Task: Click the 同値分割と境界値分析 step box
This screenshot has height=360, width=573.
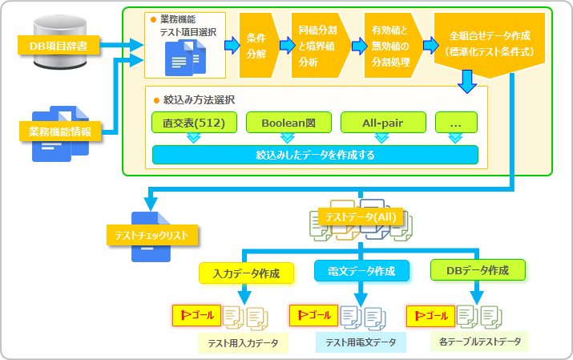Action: point(319,45)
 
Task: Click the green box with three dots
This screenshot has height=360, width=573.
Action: point(456,123)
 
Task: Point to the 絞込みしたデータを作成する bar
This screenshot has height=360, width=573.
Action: point(315,155)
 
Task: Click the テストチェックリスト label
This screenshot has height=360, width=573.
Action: point(152,235)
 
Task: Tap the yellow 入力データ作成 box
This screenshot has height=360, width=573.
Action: point(246,273)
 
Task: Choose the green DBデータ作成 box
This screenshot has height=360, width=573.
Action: point(478,269)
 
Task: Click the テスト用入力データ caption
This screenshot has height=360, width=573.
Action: point(244,343)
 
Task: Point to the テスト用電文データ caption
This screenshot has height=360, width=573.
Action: point(361,342)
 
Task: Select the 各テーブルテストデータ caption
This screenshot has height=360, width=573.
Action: point(481,342)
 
